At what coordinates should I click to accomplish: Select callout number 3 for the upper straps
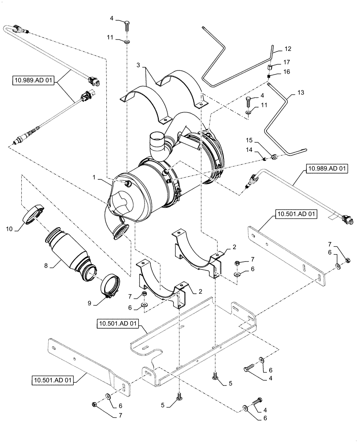140,66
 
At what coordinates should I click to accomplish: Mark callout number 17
287,62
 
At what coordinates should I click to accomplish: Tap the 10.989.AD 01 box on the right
326,168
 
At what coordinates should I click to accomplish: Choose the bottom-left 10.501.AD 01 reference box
54,379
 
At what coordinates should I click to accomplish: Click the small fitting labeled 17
270,68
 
